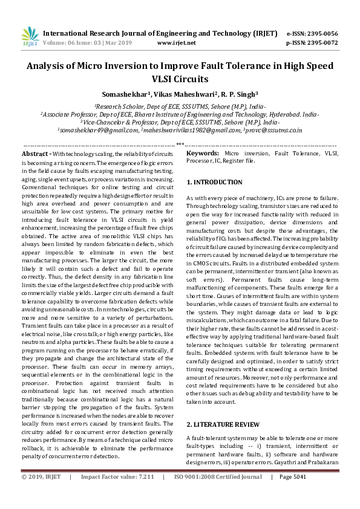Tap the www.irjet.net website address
(x=176, y=44)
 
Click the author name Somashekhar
(x=124, y=94)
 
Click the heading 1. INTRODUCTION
(x=214, y=182)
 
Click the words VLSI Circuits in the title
(x=180, y=79)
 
